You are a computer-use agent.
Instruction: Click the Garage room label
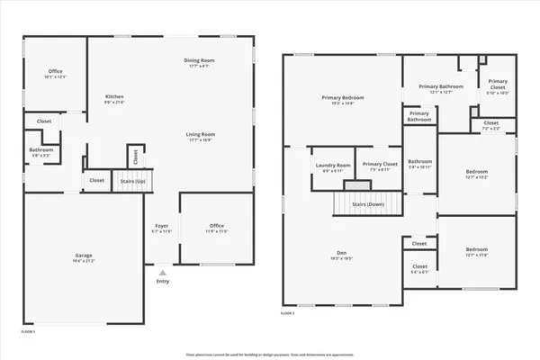coord(83,256)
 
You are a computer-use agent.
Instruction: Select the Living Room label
coord(202,134)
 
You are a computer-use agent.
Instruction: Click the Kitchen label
coord(114,96)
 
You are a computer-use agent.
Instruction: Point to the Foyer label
coord(162,225)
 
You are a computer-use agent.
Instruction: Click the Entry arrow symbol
coord(162,272)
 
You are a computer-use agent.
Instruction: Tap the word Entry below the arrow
coord(162,281)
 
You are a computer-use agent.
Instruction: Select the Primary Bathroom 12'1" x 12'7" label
coord(440,86)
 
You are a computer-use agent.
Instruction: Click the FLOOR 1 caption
coord(28,332)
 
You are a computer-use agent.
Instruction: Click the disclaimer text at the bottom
coord(269,354)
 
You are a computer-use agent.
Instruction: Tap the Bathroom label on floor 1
coord(40,149)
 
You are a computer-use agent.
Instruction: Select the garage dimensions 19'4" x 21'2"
coord(83,262)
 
